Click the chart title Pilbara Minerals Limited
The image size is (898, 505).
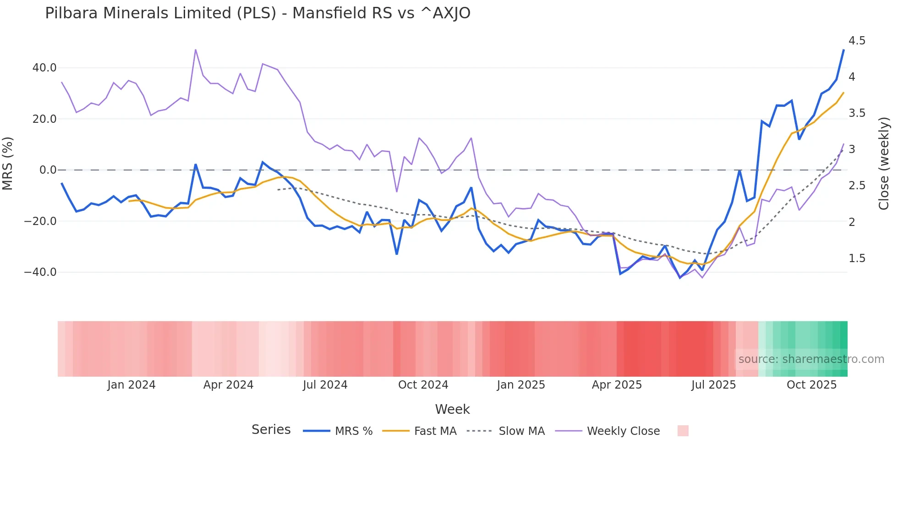257,13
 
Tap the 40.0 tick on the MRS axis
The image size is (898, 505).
44,68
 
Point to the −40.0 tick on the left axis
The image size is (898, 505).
40,272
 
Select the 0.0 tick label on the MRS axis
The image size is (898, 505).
48,170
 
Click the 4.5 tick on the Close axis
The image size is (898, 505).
857,41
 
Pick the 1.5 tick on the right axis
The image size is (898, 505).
857,258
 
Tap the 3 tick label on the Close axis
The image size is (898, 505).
852,149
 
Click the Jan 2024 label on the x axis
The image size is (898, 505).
131,385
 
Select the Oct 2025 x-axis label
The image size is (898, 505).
811,385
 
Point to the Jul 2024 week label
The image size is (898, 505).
325,385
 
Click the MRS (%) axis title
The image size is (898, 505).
8,164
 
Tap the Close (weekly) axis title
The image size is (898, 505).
884,164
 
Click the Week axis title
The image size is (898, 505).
452,409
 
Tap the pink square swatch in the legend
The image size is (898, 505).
683,431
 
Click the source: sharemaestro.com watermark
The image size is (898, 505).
811,359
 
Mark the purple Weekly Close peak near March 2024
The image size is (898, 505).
196,49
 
